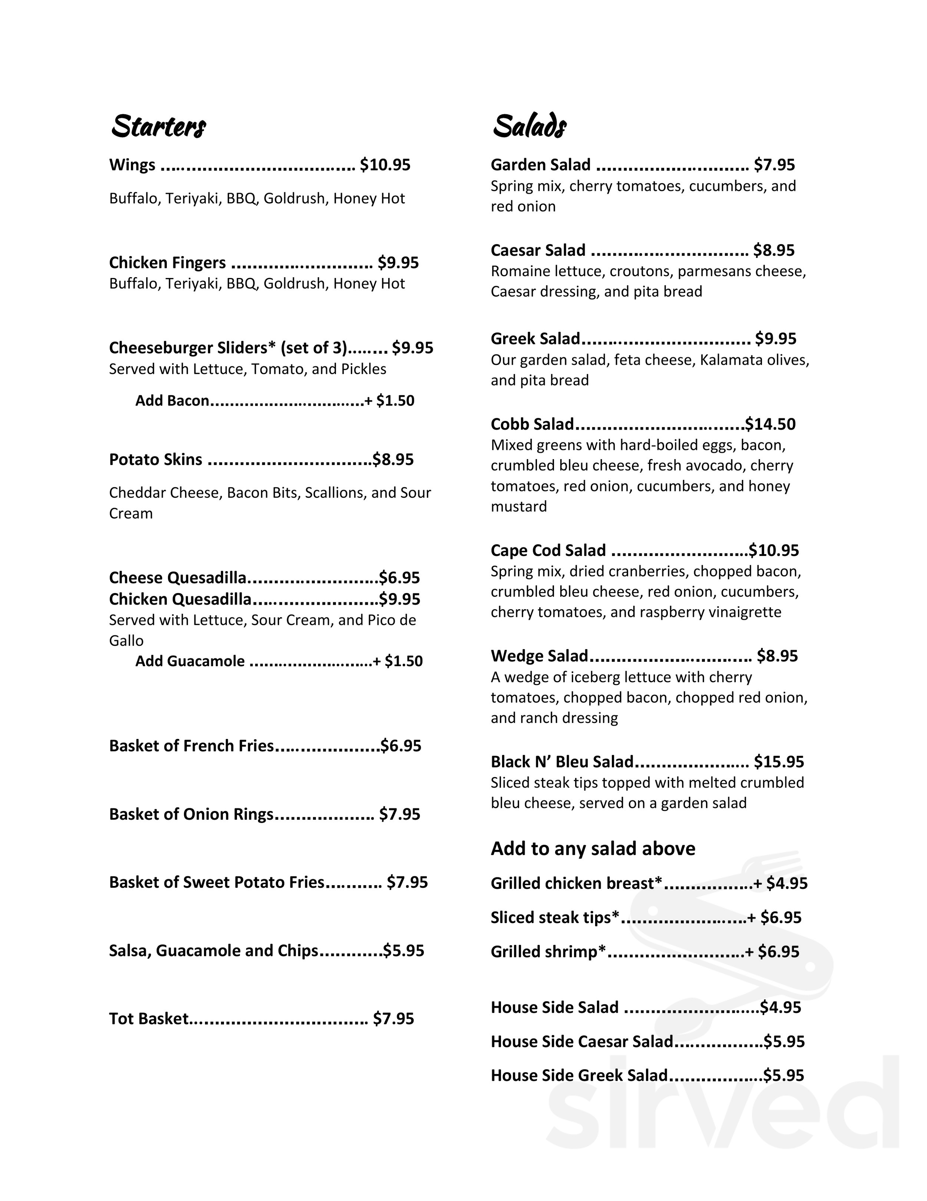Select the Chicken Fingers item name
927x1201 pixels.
tap(167, 263)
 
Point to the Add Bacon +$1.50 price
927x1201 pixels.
tap(390, 401)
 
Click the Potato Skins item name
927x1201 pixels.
tap(155, 460)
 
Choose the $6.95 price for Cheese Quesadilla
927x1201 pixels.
tap(399, 578)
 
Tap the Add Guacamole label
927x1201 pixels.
tap(189, 661)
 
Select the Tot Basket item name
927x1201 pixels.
tap(148, 1019)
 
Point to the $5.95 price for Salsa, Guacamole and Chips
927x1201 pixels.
tap(404, 951)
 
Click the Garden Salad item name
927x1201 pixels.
tap(540, 165)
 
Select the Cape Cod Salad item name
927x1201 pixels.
tap(548, 550)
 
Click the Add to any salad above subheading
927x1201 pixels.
tap(593, 849)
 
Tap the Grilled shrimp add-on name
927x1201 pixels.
tap(548, 952)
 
